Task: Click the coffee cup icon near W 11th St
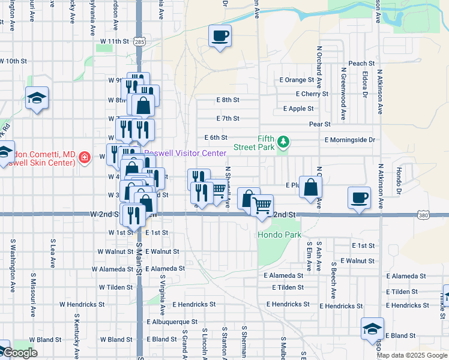coord(220,35)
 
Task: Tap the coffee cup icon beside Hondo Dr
coord(359,197)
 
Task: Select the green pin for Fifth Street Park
coord(283,142)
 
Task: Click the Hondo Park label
coord(279,235)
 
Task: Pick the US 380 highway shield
coord(424,215)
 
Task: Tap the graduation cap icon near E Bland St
coord(372,328)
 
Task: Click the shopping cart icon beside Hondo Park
coord(262,205)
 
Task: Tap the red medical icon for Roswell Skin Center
coord(85,157)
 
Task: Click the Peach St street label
coord(361,63)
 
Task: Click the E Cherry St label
coord(312,94)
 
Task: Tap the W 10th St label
coord(14,61)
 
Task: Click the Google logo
coord(19,353)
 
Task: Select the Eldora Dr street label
coord(364,85)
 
